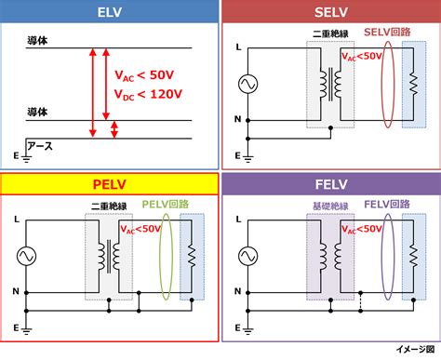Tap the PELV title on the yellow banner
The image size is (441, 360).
tap(109, 183)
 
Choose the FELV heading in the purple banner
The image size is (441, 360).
tap(329, 183)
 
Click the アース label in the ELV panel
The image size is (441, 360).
tap(40, 146)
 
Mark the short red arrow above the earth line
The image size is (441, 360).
tap(114, 129)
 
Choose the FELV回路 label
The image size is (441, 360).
tap(387, 204)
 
